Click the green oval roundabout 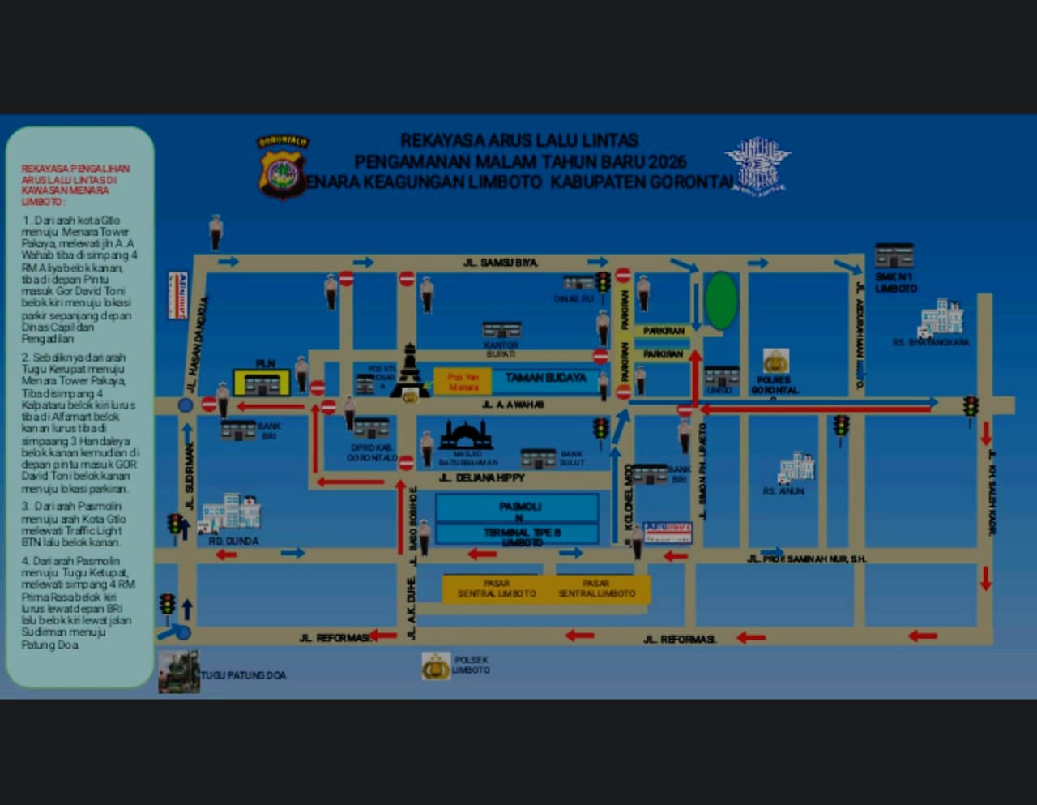[x=721, y=301]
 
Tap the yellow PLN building [x=262, y=382]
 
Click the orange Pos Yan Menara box [x=463, y=382]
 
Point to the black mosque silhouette [x=465, y=435]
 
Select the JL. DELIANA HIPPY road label [x=481, y=477]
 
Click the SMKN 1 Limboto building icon [x=894, y=255]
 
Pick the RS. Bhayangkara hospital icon [x=941, y=318]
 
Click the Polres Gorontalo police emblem [x=775, y=361]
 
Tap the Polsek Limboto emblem [x=436, y=666]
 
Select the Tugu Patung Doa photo [x=179, y=671]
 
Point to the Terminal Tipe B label [x=522, y=533]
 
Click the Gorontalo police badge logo [x=283, y=167]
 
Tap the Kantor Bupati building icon [x=501, y=329]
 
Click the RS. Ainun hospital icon [x=796, y=469]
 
